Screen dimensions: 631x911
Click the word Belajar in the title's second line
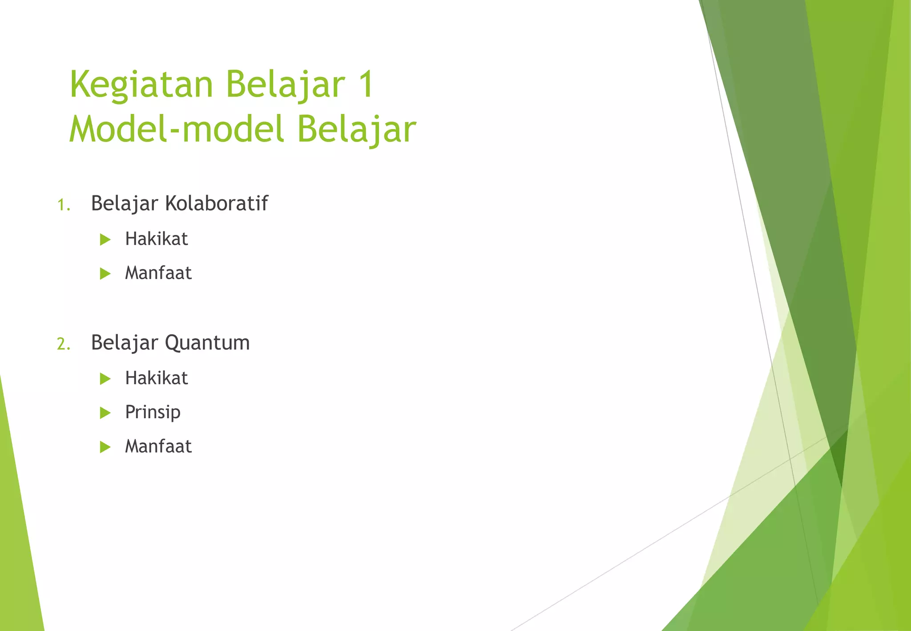356,129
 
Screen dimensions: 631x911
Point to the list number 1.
64,205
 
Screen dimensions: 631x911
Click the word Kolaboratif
216,203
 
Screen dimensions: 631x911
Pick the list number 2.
64,344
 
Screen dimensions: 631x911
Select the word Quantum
207,343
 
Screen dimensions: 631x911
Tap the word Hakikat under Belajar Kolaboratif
156,239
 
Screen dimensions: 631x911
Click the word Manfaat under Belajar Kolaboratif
158,273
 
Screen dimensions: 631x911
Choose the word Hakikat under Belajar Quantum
156,378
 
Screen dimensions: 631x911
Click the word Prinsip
153,413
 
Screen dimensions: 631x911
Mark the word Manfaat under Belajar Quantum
158,446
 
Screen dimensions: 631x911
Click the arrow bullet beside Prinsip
105,413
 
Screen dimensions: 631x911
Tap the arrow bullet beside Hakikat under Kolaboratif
105,240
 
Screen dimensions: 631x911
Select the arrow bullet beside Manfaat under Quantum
105,447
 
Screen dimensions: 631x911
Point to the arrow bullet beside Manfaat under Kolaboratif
105,274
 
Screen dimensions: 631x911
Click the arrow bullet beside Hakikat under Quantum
105,379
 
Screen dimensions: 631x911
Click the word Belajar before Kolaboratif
124,204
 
